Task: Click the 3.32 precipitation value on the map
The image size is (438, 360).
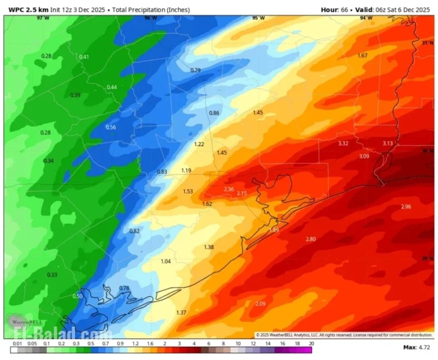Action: [343, 143]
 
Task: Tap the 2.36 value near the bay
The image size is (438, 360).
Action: [229, 189]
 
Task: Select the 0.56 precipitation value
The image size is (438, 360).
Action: [111, 127]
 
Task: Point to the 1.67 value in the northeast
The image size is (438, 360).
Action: [362, 55]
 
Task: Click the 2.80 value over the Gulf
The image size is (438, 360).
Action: [311, 239]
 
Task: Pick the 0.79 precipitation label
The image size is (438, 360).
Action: [195, 70]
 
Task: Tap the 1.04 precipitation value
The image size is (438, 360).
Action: [166, 261]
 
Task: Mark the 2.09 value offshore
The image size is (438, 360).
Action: [260, 304]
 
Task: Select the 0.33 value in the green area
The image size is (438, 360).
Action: [52, 274]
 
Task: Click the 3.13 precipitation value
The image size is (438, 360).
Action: [387, 143]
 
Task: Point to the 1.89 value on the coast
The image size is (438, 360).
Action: [274, 230]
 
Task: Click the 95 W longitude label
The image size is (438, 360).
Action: [258, 18]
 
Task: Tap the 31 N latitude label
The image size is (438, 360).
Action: [426, 43]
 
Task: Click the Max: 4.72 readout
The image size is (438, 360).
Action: [416, 347]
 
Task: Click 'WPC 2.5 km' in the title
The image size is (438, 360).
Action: [27, 9]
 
